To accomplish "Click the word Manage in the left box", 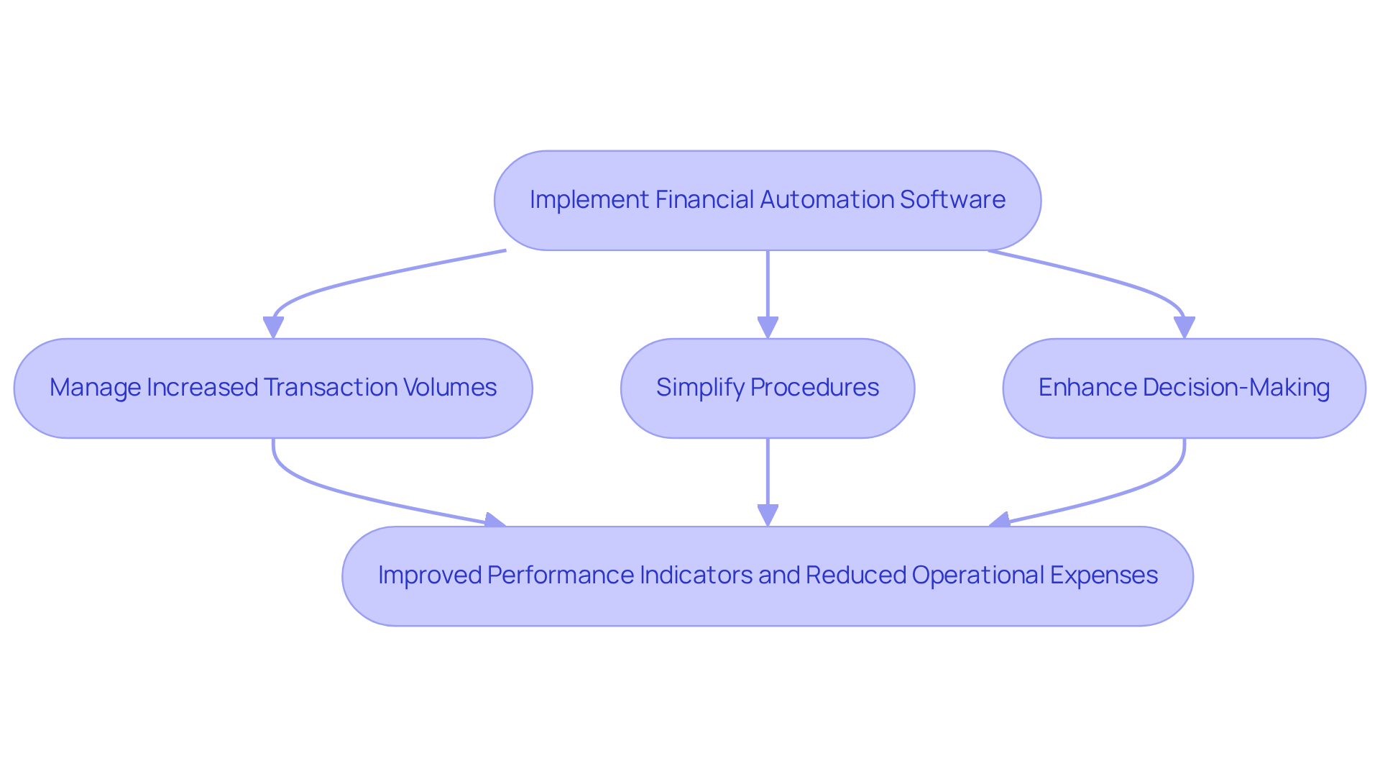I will (x=95, y=388).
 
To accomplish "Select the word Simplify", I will (x=699, y=388).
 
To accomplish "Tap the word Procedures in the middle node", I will (x=814, y=388).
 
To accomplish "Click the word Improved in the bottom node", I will (x=429, y=575).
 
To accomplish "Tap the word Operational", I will (x=977, y=575).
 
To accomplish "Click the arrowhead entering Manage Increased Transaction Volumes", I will (x=273, y=327).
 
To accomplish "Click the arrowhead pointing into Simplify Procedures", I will (x=768, y=327).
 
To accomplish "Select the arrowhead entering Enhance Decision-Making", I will (x=1184, y=327).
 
